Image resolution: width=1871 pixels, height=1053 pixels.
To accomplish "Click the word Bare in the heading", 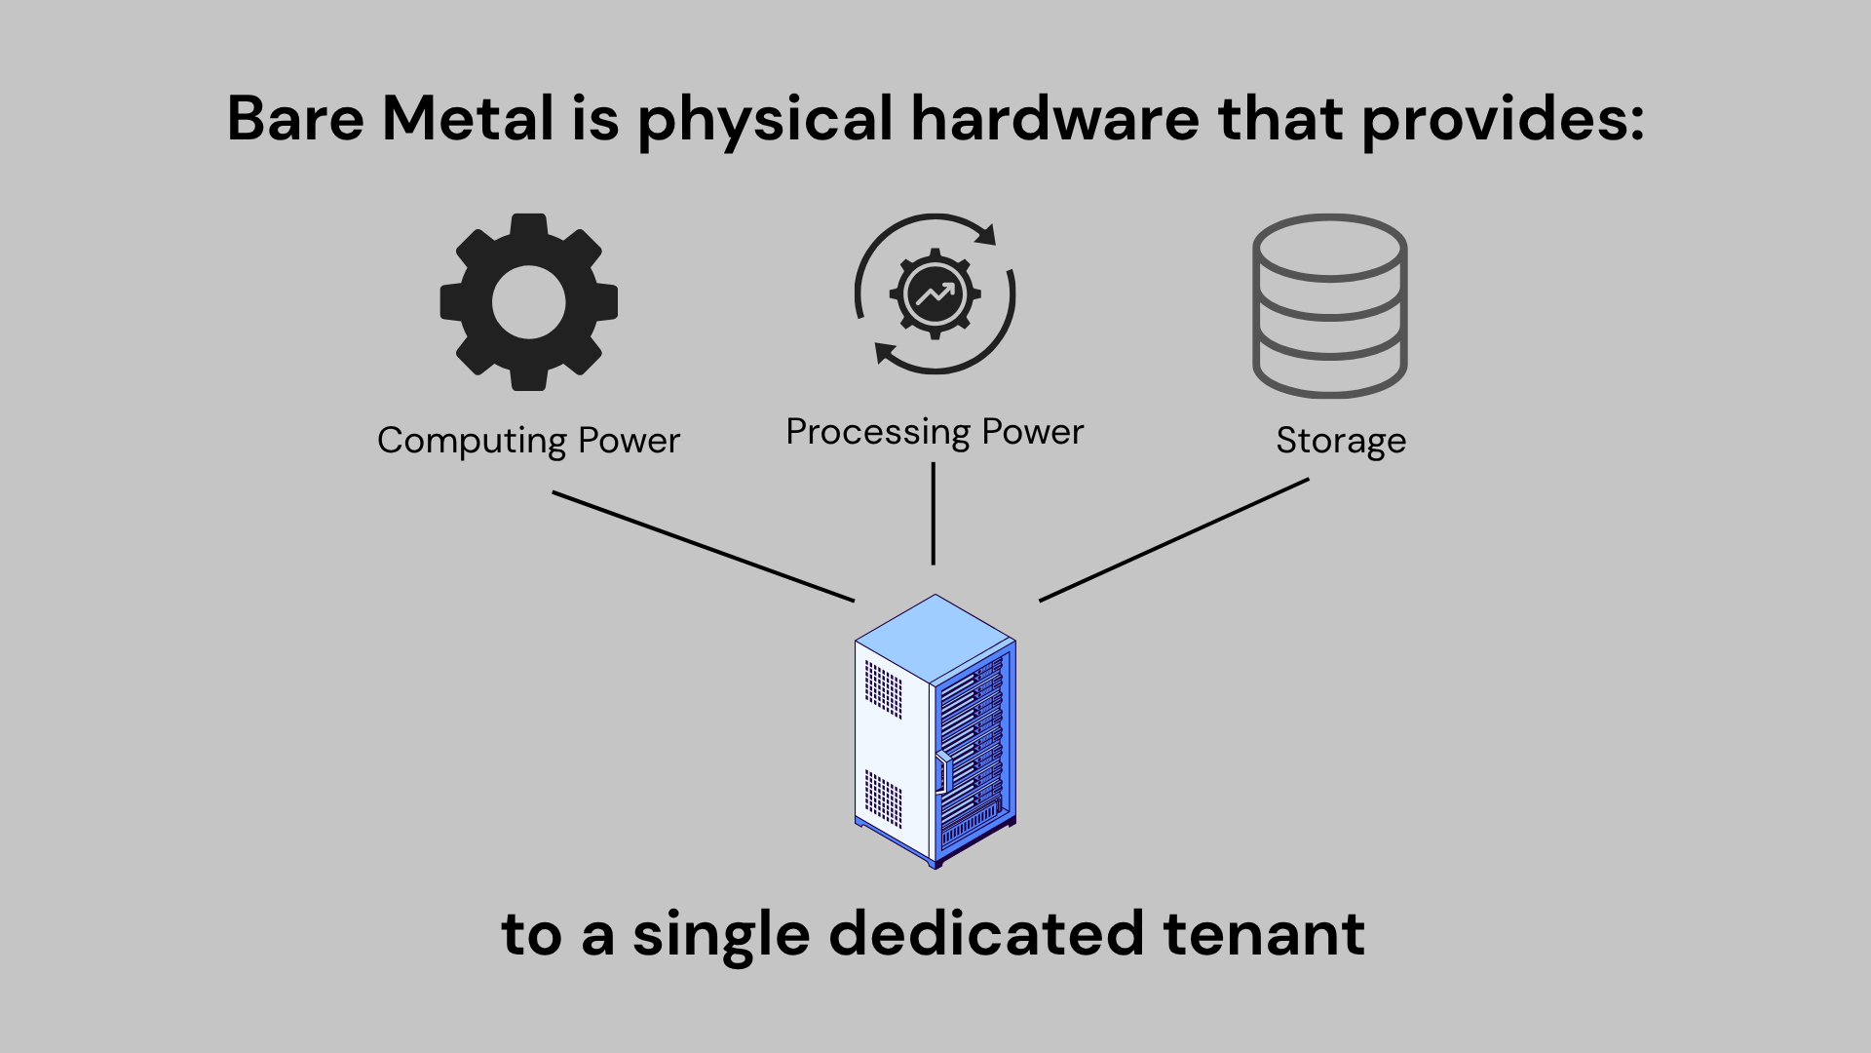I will click(x=295, y=119).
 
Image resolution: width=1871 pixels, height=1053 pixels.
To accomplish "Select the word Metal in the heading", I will click(x=468, y=119).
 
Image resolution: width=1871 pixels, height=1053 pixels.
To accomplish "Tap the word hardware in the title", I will click(x=1054, y=119).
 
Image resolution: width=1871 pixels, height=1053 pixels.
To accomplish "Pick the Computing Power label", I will click(x=528, y=441).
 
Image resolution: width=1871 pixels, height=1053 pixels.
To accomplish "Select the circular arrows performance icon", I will click(x=935, y=293).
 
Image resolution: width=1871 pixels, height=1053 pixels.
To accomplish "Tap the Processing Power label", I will click(x=935, y=432).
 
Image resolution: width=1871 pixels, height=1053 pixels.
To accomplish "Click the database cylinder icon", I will click(x=1329, y=305).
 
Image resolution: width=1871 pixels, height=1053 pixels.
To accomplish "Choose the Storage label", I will click(x=1341, y=441).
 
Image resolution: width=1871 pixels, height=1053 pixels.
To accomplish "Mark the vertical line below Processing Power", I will click(x=934, y=514).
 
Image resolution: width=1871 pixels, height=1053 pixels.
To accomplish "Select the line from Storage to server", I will click(x=1174, y=539).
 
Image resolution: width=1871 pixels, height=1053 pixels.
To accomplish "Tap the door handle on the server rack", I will click(x=942, y=772).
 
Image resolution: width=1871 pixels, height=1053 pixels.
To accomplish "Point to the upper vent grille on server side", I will click(x=883, y=689).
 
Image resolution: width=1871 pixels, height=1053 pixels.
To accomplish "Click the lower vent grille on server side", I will click(x=883, y=799).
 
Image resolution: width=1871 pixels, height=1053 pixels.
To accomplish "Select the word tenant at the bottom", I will click(x=1264, y=934).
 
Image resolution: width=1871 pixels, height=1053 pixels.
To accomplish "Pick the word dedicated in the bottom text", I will click(x=985, y=934).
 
